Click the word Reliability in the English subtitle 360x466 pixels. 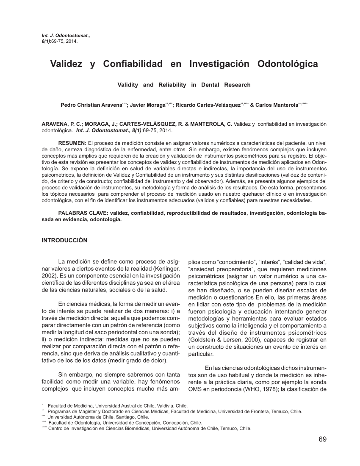coord(172,85)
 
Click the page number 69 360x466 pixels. coord(322,439)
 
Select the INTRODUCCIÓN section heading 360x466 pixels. coord(64,240)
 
